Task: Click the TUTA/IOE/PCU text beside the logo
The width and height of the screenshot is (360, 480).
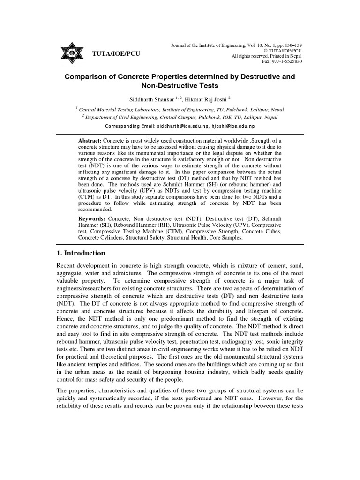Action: (116, 53)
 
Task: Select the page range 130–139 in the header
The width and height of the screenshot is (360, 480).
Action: (290, 45)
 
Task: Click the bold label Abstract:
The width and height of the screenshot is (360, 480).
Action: (90, 141)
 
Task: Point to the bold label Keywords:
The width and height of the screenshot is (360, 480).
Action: (92, 219)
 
